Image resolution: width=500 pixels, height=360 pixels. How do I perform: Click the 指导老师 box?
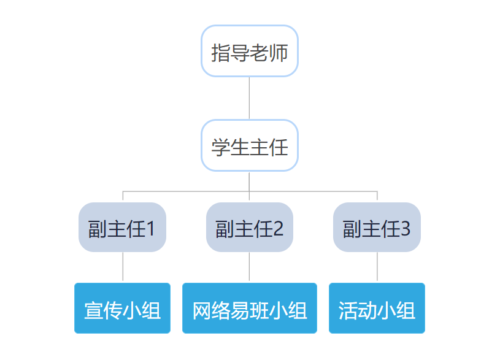[249, 52]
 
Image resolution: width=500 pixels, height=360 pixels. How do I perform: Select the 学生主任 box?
[249, 146]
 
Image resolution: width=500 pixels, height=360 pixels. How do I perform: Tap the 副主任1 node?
[122, 228]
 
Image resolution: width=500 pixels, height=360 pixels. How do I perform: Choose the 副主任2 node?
[249, 228]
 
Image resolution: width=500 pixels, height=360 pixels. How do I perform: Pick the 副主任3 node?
[377, 228]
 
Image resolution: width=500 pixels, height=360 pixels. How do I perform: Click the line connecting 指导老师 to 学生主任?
[249, 98]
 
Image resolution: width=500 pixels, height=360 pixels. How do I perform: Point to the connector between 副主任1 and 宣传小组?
[123, 267]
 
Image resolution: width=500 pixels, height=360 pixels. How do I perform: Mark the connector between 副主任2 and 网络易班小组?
[249, 267]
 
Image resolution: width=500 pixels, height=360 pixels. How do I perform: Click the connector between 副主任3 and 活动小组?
[377, 267]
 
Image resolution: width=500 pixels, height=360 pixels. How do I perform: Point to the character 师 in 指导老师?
[278, 53]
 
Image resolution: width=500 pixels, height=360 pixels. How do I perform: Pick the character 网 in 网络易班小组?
[202, 310]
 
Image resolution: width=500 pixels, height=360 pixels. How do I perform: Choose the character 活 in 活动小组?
[348, 310]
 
